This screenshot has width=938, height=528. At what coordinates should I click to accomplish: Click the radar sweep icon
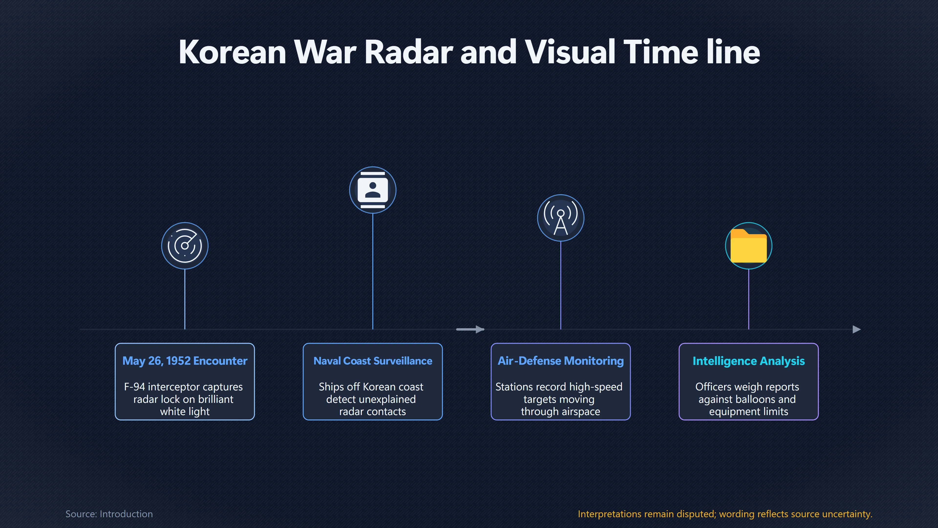(x=185, y=246)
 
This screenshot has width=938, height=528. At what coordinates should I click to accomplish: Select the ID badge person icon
(x=373, y=190)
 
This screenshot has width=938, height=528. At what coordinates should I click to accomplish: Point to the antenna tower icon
(x=560, y=218)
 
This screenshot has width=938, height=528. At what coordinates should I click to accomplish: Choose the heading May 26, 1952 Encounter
(x=185, y=361)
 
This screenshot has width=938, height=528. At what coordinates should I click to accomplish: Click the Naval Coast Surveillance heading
(x=373, y=361)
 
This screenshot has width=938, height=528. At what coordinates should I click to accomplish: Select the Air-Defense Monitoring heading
(x=560, y=361)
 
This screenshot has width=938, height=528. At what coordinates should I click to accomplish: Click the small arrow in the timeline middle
(x=470, y=330)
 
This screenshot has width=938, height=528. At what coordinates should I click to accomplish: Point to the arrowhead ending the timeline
(x=857, y=330)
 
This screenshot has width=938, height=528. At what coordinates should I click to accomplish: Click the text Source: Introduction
(x=109, y=514)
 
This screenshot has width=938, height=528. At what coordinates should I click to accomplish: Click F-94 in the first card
(x=134, y=387)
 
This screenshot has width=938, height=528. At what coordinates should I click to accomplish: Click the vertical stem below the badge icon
(x=373, y=272)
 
